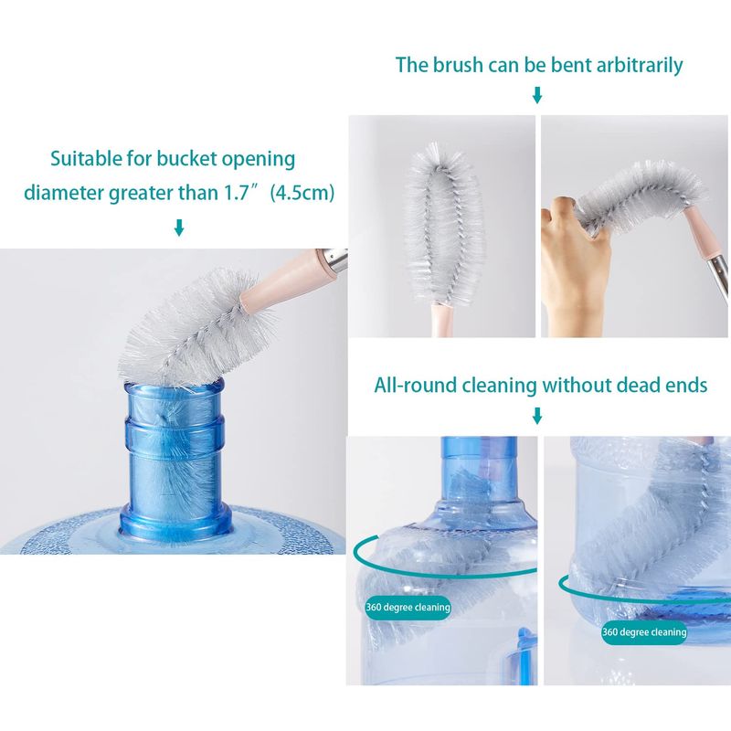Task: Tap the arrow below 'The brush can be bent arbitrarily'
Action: click(x=537, y=95)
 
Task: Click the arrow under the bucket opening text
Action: click(x=179, y=228)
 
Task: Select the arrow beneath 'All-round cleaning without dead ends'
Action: click(x=537, y=416)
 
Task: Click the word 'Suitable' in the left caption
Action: click(x=86, y=158)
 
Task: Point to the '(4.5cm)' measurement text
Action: click(x=302, y=193)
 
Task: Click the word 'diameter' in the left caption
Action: click(x=63, y=193)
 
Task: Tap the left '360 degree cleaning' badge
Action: click(x=408, y=608)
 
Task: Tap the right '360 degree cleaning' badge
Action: click(x=644, y=632)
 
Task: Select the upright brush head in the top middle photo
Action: click(x=442, y=225)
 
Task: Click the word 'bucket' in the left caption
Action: click(x=186, y=158)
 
